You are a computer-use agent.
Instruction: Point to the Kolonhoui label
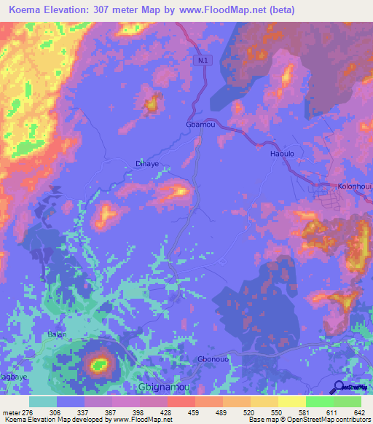353,187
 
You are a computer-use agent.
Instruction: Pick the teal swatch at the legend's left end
42,401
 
